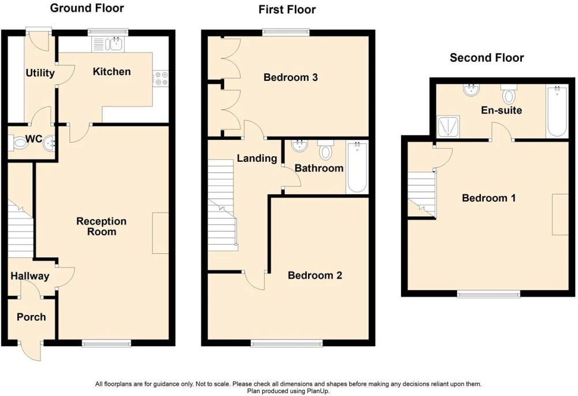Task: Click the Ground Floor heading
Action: pyautogui.click(x=87, y=8)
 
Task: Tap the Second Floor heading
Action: pyautogui.click(x=487, y=58)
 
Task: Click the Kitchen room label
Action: pyautogui.click(x=112, y=72)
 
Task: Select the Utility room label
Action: pyautogui.click(x=40, y=73)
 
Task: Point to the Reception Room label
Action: pyautogui.click(x=101, y=227)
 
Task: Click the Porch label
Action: pyautogui.click(x=31, y=317)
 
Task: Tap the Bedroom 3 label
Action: pyautogui.click(x=291, y=77)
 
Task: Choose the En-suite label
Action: pyautogui.click(x=501, y=110)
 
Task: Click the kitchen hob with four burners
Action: pyautogui.click(x=160, y=79)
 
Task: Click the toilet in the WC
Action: pyautogui.click(x=17, y=143)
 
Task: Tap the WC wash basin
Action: pyautogui.click(x=50, y=143)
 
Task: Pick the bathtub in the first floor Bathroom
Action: pyautogui.click(x=357, y=167)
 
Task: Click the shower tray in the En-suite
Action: pyautogui.click(x=449, y=127)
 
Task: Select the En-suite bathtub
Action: pyautogui.click(x=557, y=112)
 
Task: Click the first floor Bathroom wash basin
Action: pyautogui.click(x=299, y=146)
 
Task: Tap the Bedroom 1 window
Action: pyautogui.click(x=489, y=294)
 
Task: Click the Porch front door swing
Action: pyautogui.click(x=31, y=351)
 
